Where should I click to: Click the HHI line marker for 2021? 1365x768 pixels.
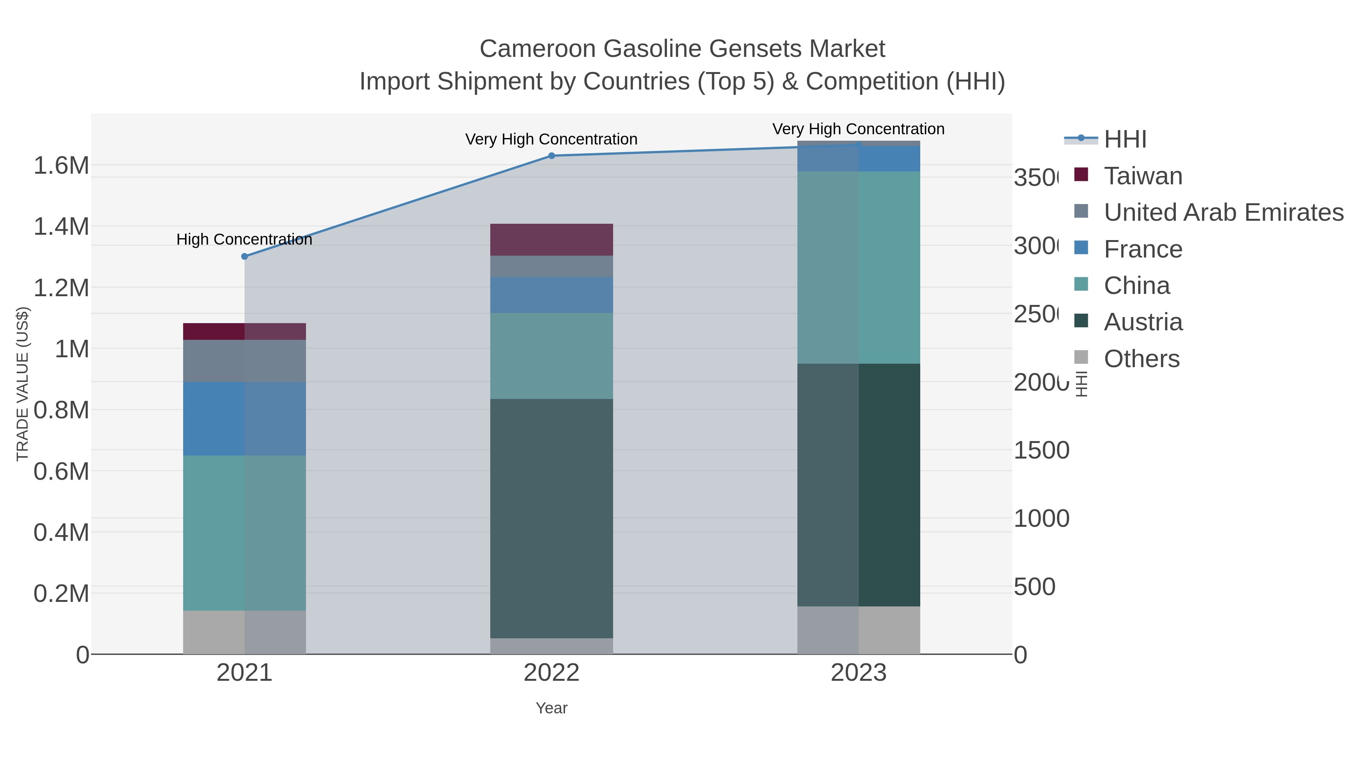coord(244,256)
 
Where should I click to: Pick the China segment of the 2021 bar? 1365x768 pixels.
coord(244,533)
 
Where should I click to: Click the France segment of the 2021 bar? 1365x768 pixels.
coord(244,418)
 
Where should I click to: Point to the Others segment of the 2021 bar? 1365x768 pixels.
coord(244,632)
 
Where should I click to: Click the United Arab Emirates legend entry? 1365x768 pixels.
coord(1223,212)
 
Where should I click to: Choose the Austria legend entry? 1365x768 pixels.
coord(1143,322)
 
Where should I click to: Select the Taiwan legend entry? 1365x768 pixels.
coord(1143,176)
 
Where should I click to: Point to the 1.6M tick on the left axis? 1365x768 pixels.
coord(61,165)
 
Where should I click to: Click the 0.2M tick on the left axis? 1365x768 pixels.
coord(61,594)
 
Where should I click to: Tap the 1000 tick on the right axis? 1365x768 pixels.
coord(1041,518)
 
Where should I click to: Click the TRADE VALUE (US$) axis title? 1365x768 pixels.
coord(22,384)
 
